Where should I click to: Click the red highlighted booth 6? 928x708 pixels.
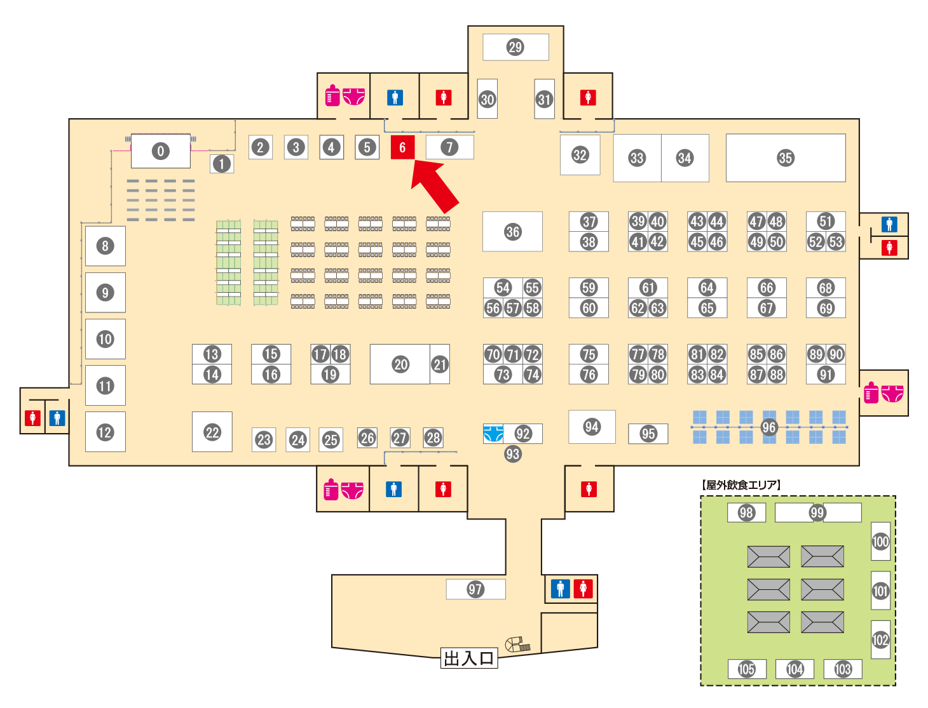click(402, 147)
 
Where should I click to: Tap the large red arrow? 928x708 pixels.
click(434, 187)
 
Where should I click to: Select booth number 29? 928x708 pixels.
click(515, 47)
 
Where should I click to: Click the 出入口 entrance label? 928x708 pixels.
click(468, 658)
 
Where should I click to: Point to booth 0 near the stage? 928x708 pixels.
click(161, 150)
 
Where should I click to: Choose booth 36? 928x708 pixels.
click(512, 231)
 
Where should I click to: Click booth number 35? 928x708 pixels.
click(786, 158)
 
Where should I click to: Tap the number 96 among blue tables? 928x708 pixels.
click(768, 427)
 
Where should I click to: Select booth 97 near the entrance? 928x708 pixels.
click(475, 589)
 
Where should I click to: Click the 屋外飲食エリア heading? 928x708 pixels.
click(740, 484)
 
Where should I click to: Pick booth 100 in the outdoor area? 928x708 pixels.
click(880, 541)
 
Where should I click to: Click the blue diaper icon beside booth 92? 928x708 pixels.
click(493, 434)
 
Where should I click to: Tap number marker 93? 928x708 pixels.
click(512, 454)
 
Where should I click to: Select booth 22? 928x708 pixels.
click(212, 432)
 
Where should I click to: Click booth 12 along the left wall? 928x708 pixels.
click(106, 432)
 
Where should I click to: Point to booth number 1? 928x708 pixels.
click(222, 164)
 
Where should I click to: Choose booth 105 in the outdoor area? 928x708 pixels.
click(747, 669)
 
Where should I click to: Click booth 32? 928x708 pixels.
click(580, 155)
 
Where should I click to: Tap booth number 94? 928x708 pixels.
click(592, 427)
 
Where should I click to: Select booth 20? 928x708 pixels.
click(400, 364)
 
